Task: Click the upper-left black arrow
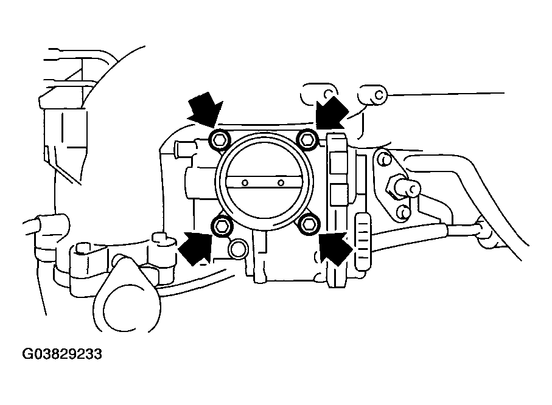tap(204, 112)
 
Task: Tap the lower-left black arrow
tap(196, 248)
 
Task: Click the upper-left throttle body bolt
tap(219, 140)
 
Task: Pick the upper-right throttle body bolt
tap(308, 140)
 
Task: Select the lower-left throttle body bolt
tap(222, 226)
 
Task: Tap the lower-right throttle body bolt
tap(310, 224)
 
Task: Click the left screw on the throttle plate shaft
tap(244, 182)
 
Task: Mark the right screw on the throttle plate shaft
tap(281, 182)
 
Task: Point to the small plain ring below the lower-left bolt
tap(237, 248)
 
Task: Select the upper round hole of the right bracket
tap(383, 161)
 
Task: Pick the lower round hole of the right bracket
tap(401, 212)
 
